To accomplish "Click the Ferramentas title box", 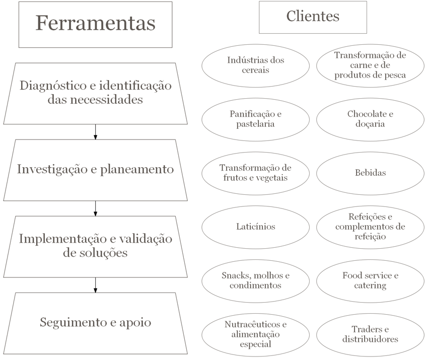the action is pyautogui.click(x=95, y=25).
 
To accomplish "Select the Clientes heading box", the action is pyautogui.click(x=313, y=17).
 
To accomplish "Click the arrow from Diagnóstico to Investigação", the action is pyautogui.click(x=95, y=132).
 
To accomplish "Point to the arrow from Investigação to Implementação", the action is pyautogui.click(x=95, y=208).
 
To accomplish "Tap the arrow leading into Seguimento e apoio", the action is pyautogui.click(x=95, y=285).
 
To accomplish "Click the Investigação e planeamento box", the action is pyautogui.click(x=95, y=170).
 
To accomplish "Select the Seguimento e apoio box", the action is pyautogui.click(x=95, y=323).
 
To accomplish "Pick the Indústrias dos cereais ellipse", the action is pyautogui.click(x=256, y=66).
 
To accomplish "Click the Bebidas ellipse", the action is pyautogui.click(x=370, y=174).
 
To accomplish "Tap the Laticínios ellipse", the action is pyautogui.click(x=256, y=227).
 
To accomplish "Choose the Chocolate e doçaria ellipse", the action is pyautogui.click(x=370, y=119).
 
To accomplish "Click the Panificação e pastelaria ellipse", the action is pyautogui.click(x=256, y=119).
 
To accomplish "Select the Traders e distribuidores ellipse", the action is pyautogui.click(x=370, y=335).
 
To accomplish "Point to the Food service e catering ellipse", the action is pyautogui.click(x=370, y=281).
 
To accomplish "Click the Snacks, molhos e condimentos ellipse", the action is pyautogui.click(x=256, y=281).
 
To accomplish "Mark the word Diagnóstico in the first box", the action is pyautogui.click(x=53, y=86).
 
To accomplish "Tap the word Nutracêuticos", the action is pyautogui.click(x=253, y=324).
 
